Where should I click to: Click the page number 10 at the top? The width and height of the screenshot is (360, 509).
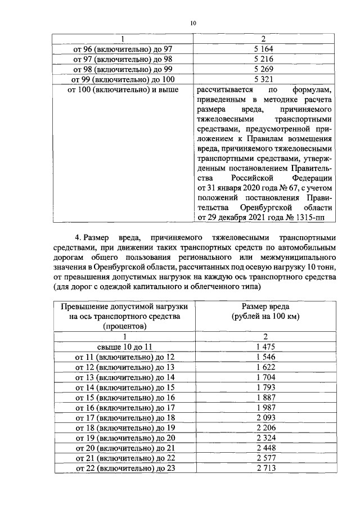pos(193,23)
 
